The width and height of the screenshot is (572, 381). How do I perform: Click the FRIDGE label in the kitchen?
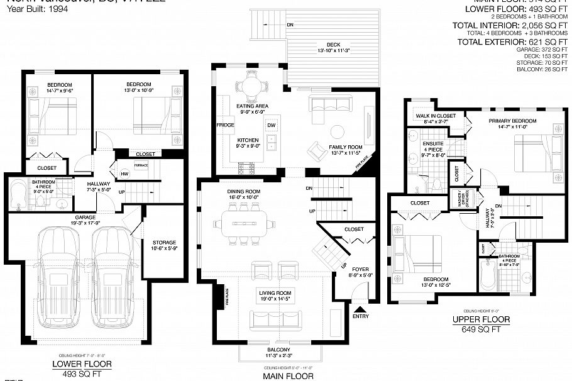coord(225,125)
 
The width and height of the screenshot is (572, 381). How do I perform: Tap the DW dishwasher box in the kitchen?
coord(272,126)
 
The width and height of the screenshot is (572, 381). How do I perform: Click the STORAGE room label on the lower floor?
coord(164,243)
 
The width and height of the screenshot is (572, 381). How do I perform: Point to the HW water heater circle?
coord(124,174)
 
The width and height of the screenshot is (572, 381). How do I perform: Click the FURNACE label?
coord(141,165)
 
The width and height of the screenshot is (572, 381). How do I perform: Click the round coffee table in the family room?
coord(338,132)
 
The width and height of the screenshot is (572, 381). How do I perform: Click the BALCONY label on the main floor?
coord(278,350)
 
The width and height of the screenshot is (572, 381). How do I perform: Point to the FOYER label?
coord(360,269)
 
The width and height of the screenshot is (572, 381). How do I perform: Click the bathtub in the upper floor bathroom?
coord(483,272)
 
